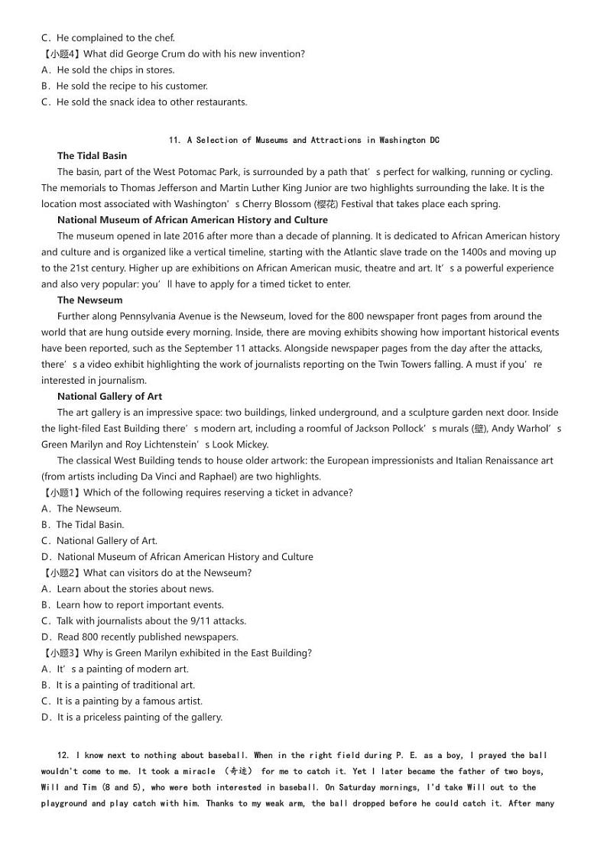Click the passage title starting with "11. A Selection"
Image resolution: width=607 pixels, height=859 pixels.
pos(303,140)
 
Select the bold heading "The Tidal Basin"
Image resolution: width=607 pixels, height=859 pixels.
pos(92,156)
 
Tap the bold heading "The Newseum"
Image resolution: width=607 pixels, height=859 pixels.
pos(89,300)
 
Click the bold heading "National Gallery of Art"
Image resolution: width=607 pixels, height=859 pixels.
pos(109,397)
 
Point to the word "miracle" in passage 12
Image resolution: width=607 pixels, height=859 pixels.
pos(199,772)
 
